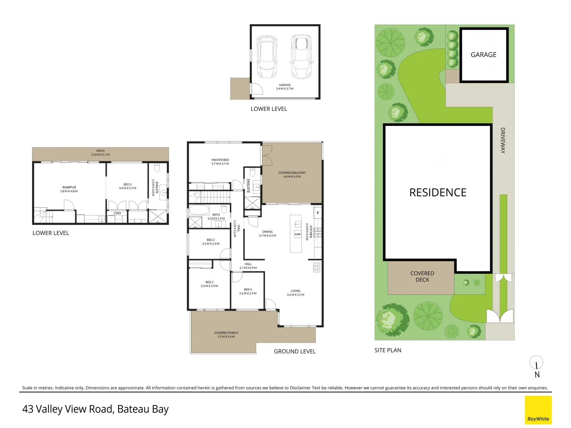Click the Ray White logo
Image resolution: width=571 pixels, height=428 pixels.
tap(538, 410)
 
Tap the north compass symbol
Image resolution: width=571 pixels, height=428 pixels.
tap(537, 363)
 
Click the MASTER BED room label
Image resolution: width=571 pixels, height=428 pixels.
tap(220, 160)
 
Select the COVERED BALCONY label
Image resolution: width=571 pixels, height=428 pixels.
tap(292, 173)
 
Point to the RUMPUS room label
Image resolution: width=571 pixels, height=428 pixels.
tap(69, 187)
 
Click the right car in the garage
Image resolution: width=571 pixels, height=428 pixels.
tap(301, 57)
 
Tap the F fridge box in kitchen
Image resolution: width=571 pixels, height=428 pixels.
tap(318, 213)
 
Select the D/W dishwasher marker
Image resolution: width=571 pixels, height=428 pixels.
tap(297, 234)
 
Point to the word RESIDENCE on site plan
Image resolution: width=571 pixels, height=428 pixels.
tap(438, 193)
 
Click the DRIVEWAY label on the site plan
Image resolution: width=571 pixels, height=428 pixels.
tap(502, 140)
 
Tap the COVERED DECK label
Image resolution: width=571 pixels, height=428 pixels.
tap(422, 277)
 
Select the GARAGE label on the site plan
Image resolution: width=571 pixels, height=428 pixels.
tap(483, 55)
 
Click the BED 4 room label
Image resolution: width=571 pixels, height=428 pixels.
tap(248, 290)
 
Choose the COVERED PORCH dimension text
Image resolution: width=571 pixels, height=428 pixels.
tap(226, 337)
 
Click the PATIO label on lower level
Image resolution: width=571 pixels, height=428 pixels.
tap(100, 151)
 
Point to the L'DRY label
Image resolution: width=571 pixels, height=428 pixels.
tap(117, 213)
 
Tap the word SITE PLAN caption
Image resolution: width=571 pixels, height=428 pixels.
tap(387, 350)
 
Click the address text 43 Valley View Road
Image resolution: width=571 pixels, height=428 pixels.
tap(67, 409)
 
